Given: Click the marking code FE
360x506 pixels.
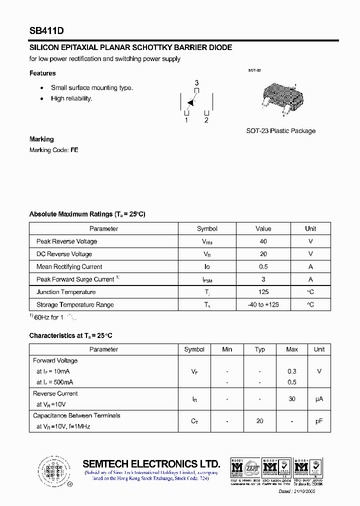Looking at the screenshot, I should pos(74,150).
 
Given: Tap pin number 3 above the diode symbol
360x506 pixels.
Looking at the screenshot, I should pos(196,83).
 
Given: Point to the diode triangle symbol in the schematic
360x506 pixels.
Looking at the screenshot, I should pos(190,103).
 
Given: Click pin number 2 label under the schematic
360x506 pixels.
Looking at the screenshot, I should pos(206,120).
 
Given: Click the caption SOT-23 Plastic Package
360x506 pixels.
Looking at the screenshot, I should pos(280,131).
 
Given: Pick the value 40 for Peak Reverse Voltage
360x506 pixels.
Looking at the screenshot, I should pos(263,241).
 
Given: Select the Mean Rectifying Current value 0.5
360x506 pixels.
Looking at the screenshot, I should pos(263,267).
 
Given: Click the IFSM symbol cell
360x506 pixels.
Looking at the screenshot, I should pos(207,280).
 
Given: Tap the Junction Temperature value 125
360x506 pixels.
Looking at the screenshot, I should pos(263,292).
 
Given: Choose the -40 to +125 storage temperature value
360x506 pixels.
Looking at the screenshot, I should pos(263,305).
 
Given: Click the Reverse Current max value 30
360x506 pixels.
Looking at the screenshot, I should pos(292,399).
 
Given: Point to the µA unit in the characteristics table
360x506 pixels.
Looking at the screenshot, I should pos(319,399).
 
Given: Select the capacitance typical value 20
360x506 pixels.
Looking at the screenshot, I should pos(259,421).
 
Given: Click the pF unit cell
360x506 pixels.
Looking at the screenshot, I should pos(319,421).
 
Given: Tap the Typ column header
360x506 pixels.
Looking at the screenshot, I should pos(259,349).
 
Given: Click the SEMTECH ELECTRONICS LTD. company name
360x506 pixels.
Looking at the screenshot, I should pos(151,463).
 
